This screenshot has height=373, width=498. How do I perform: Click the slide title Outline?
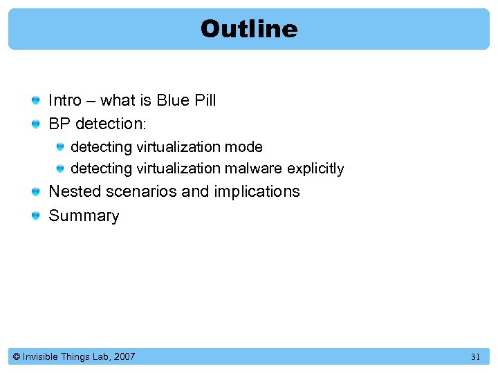click(x=249, y=29)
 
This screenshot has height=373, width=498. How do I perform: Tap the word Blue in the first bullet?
click(x=172, y=101)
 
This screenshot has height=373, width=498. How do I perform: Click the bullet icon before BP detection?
click(x=36, y=125)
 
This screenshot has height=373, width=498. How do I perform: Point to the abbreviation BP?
click(x=59, y=124)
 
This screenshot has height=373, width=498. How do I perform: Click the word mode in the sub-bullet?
click(x=248, y=147)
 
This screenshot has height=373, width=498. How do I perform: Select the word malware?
click(x=257, y=169)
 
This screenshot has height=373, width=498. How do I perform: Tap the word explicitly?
click(x=315, y=169)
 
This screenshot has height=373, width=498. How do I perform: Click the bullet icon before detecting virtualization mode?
click(x=61, y=147)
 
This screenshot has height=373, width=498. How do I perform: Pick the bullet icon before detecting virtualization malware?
click(x=61, y=169)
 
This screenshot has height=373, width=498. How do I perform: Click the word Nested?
click(x=75, y=191)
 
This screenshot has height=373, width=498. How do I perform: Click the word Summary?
click(x=84, y=216)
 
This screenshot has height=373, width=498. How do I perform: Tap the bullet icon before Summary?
click(x=36, y=217)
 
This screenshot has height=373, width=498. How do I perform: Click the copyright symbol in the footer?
click(x=17, y=357)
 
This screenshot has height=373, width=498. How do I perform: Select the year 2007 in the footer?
click(x=124, y=357)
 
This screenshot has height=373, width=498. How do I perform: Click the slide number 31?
click(x=475, y=357)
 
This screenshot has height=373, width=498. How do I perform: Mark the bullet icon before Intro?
click(x=36, y=102)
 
